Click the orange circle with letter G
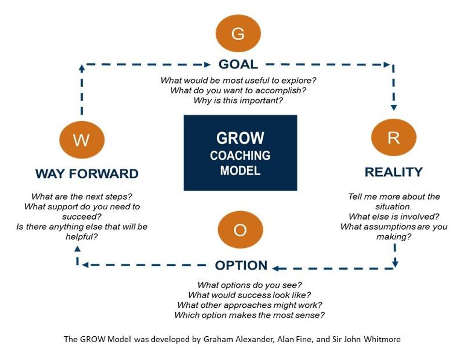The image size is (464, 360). coord(238,34)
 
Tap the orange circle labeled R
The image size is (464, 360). coord(393,138)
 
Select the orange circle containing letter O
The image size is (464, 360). coord(240,230)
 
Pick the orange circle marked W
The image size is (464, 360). coord(82,140)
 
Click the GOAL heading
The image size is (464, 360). coord(238,64)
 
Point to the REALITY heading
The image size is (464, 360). coord(393,172)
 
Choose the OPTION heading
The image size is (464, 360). coord(241,265)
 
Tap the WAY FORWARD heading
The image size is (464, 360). coord(87,173)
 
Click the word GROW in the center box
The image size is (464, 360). coord(240,138)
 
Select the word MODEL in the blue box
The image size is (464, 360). coord(240,171)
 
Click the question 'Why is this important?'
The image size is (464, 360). coord(238,101)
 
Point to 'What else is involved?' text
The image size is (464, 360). coord(393,216)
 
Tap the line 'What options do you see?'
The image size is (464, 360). coord(250,285)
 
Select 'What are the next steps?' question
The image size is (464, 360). coord(82,197)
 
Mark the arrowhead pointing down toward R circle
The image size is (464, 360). coord(393,107)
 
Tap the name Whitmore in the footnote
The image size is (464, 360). coord(384,339)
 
